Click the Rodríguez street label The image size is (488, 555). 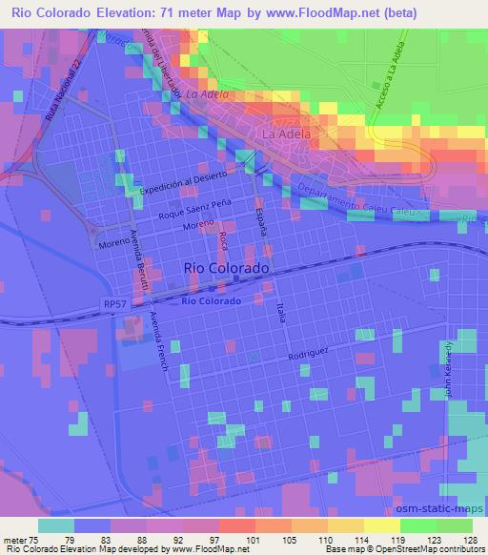309,351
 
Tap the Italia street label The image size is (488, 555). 281,311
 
